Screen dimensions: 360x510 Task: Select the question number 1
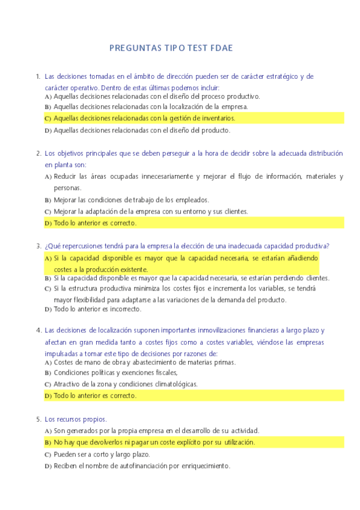[38, 76]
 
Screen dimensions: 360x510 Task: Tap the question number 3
[38, 245]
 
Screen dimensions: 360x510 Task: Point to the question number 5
[38, 419]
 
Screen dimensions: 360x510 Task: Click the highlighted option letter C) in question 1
[48, 118]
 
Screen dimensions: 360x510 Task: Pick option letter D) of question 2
[48, 223]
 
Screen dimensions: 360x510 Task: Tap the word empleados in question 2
[192, 200]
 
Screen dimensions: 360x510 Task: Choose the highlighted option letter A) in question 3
[48, 258]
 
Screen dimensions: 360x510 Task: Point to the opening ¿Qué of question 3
[52, 245]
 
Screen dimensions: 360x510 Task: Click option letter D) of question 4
[48, 396]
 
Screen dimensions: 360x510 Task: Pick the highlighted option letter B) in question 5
[48, 443]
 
